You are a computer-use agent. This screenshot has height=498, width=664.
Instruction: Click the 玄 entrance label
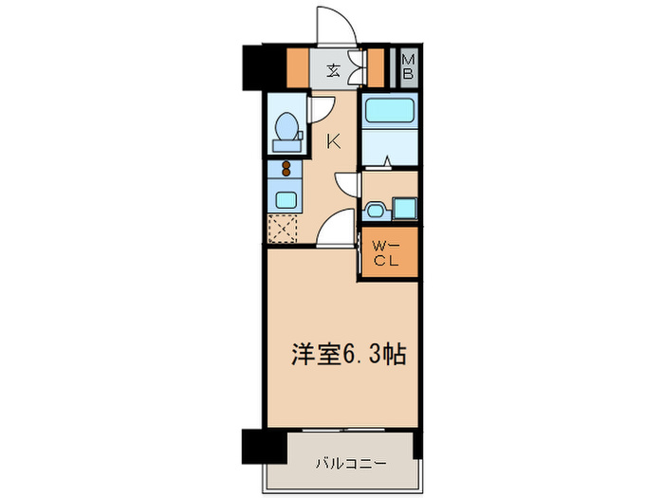tap(334, 68)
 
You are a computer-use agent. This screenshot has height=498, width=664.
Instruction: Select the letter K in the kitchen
tap(334, 142)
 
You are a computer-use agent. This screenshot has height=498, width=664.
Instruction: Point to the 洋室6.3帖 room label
tap(347, 355)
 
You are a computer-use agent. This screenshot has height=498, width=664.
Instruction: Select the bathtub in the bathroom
tap(389, 112)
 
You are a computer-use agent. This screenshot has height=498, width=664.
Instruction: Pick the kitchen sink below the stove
tap(284, 199)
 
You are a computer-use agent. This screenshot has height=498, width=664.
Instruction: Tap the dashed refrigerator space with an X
tap(283, 230)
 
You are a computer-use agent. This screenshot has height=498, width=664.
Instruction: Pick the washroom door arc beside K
tap(346, 185)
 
